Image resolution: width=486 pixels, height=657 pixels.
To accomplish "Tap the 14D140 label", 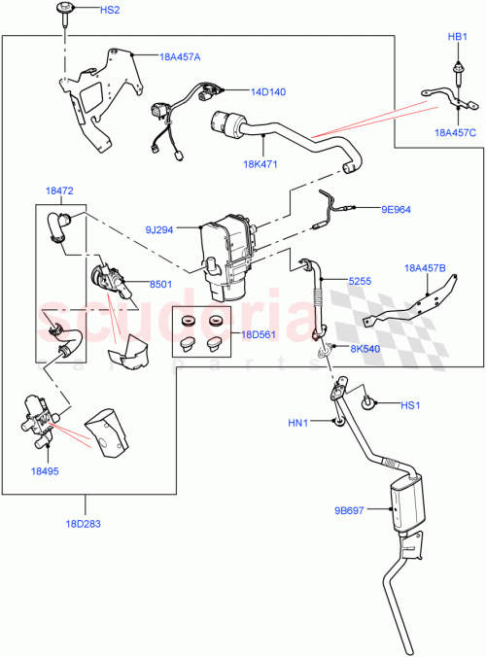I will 267,93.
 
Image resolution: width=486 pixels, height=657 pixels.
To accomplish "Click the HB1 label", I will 456,36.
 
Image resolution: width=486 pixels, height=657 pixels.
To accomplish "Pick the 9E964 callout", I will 397,207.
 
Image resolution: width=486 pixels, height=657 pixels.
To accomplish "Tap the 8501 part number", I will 161,283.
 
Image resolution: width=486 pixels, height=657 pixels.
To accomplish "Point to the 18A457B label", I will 426,267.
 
